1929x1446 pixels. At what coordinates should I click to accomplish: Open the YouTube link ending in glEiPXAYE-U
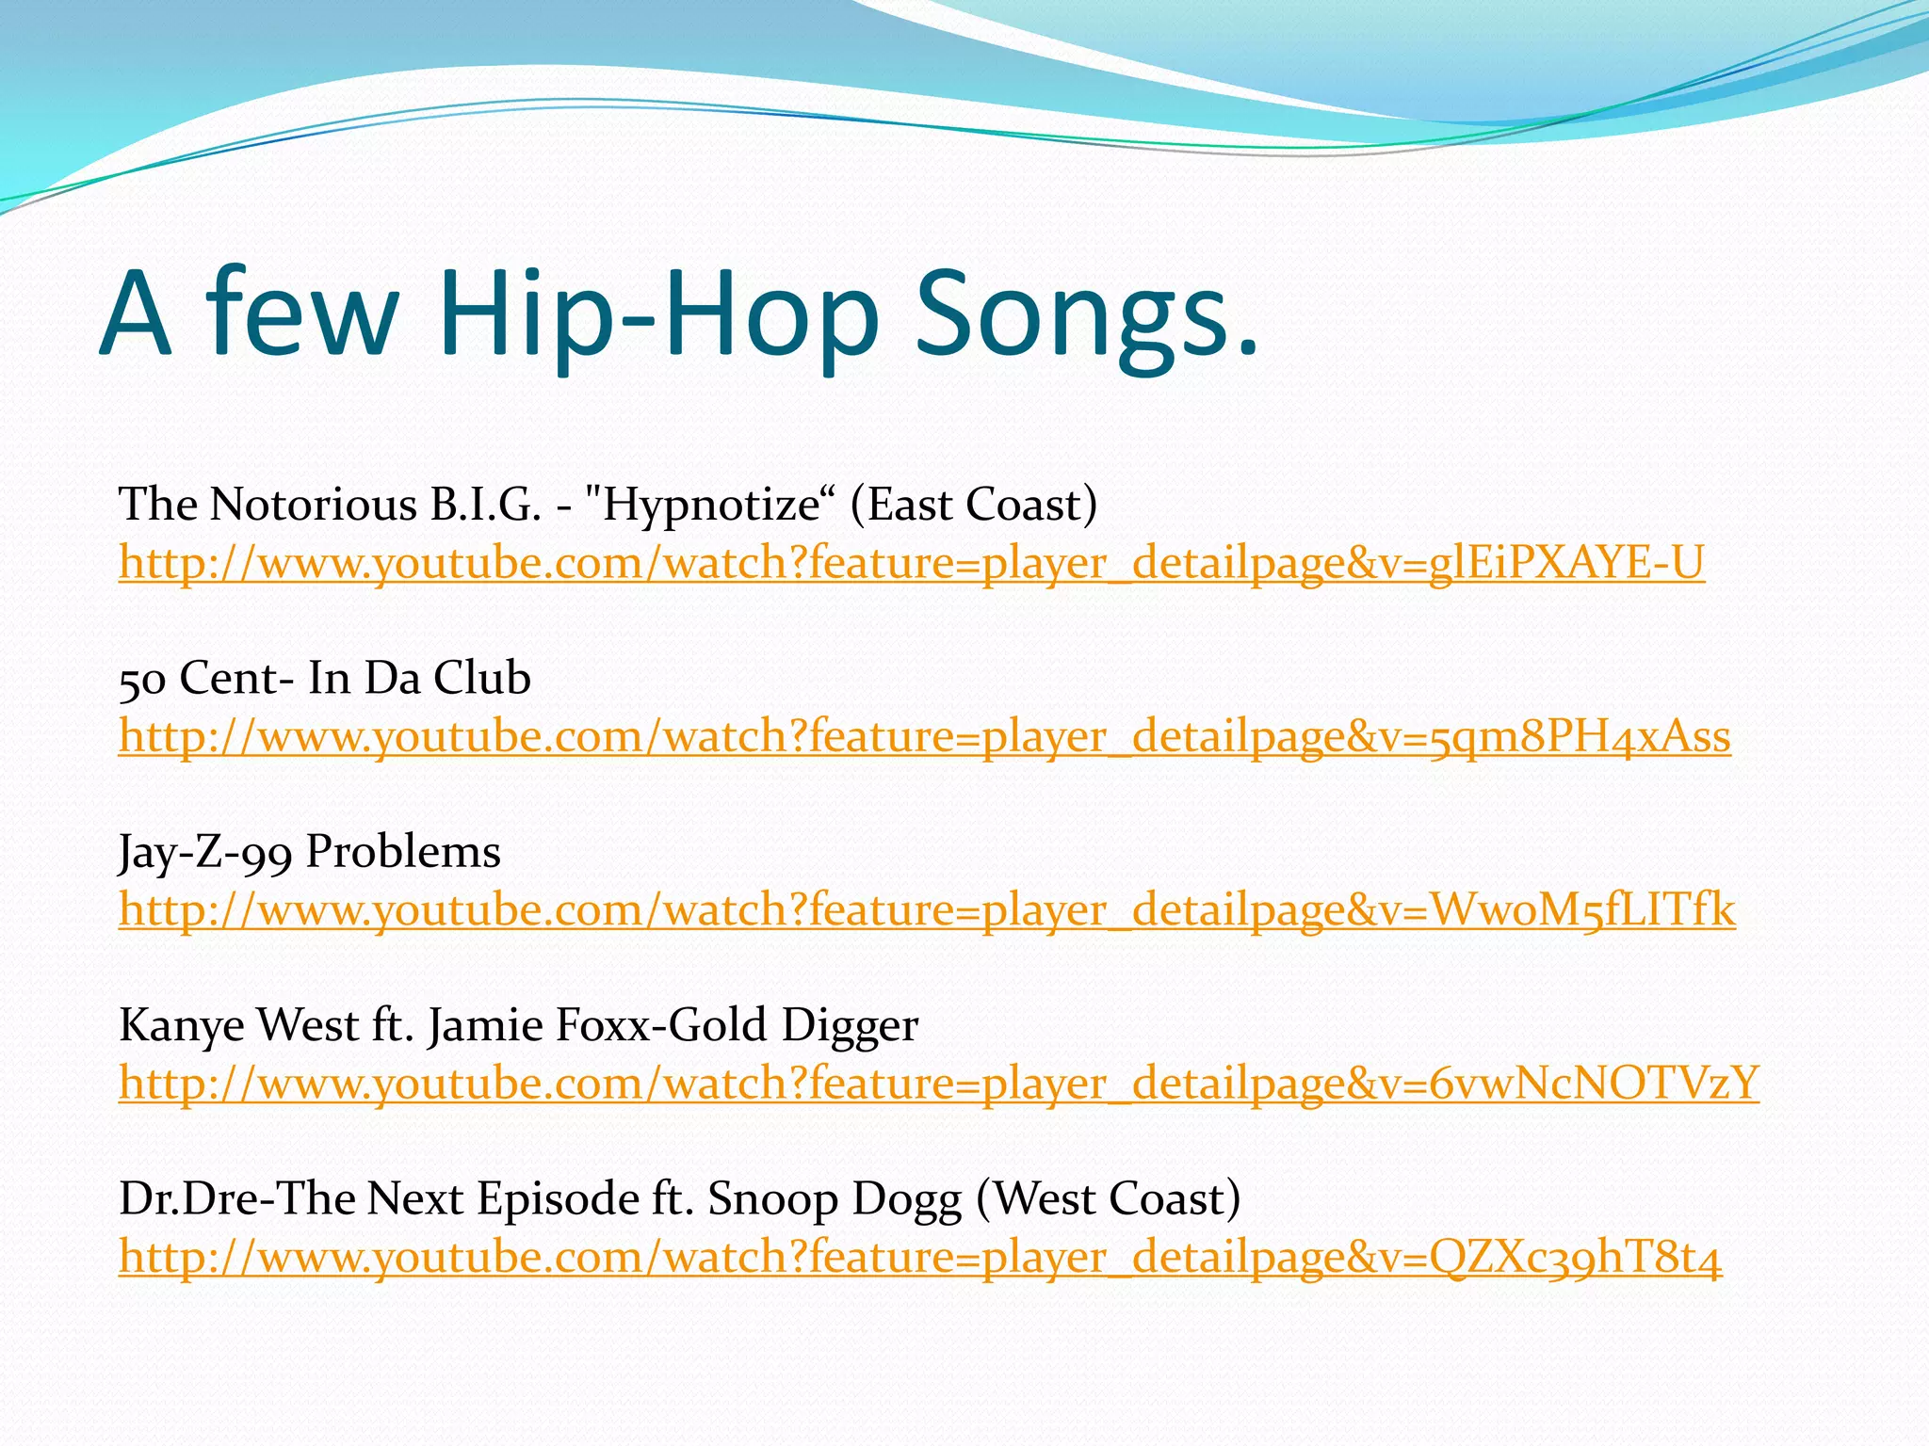pyautogui.click(x=911, y=563)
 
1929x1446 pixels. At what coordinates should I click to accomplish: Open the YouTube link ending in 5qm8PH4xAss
pyautogui.click(x=924, y=736)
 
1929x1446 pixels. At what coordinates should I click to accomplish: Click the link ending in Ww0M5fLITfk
pyautogui.click(x=926, y=910)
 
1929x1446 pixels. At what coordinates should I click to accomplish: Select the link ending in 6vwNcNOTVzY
pyautogui.click(x=938, y=1084)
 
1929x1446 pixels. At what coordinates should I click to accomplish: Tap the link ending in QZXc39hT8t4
pyautogui.click(x=920, y=1258)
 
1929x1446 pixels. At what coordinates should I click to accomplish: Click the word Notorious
pyautogui.click(x=313, y=505)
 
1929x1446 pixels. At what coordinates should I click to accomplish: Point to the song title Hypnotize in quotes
pyautogui.click(x=711, y=506)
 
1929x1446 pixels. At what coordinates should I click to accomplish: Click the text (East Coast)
pyautogui.click(x=973, y=505)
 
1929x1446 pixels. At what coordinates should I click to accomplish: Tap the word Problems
pyautogui.click(x=403, y=852)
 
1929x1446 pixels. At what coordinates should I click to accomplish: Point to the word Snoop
pyautogui.click(x=772, y=1199)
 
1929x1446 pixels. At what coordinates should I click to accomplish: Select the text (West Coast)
pyautogui.click(x=1109, y=1199)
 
